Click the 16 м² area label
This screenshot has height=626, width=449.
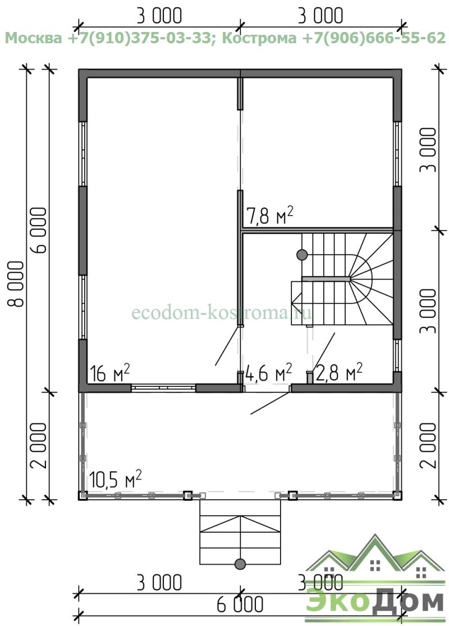(x=110, y=373)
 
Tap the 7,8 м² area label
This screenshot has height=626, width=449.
(x=270, y=216)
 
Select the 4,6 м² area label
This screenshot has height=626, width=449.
(x=268, y=373)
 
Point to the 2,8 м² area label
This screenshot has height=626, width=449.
(x=339, y=373)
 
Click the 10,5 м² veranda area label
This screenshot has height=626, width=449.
(x=115, y=479)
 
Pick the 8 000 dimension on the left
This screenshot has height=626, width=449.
(x=16, y=284)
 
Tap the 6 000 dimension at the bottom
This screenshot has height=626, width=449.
(x=240, y=604)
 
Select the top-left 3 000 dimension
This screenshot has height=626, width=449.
(x=159, y=16)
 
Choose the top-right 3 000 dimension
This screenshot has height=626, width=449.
(x=320, y=16)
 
